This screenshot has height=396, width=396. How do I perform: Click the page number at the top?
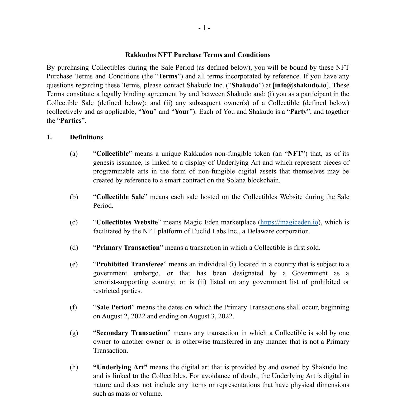pyautogui.click(x=204, y=28)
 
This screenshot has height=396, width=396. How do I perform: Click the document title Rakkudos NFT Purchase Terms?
pyautogui.click(x=197, y=55)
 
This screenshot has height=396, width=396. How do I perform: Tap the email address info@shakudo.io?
pyautogui.click(x=300, y=85)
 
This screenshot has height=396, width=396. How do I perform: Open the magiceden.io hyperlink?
pyautogui.click(x=289, y=222)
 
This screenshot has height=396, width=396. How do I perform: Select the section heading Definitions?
pyautogui.click(x=86, y=137)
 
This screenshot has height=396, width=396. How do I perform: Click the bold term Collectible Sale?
pyautogui.click(x=120, y=197)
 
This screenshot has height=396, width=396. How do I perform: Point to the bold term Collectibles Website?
pyautogui.click(x=127, y=222)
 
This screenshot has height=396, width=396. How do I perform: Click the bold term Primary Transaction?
pyautogui.click(x=128, y=248)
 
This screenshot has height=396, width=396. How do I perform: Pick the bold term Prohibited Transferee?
pyautogui.click(x=130, y=264)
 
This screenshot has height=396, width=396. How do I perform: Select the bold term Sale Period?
pyautogui.click(x=114, y=307)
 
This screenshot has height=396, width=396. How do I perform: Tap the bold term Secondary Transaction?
pyautogui.click(x=132, y=333)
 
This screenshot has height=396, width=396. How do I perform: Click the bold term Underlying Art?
pyautogui.click(x=120, y=367)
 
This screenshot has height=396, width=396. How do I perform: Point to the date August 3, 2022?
pyautogui.click(x=211, y=316)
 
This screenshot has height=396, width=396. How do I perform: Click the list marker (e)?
pyautogui.click(x=74, y=264)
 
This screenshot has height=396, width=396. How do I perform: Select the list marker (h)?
pyautogui.click(x=74, y=367)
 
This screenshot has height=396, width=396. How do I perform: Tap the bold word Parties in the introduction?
pyautogui.click(x=71, y=121)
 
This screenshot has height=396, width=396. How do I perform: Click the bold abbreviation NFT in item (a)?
pyautogui.click(x=295, y=154)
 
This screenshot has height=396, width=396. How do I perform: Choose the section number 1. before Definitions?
pyautogui.click(x=49, y=137)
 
